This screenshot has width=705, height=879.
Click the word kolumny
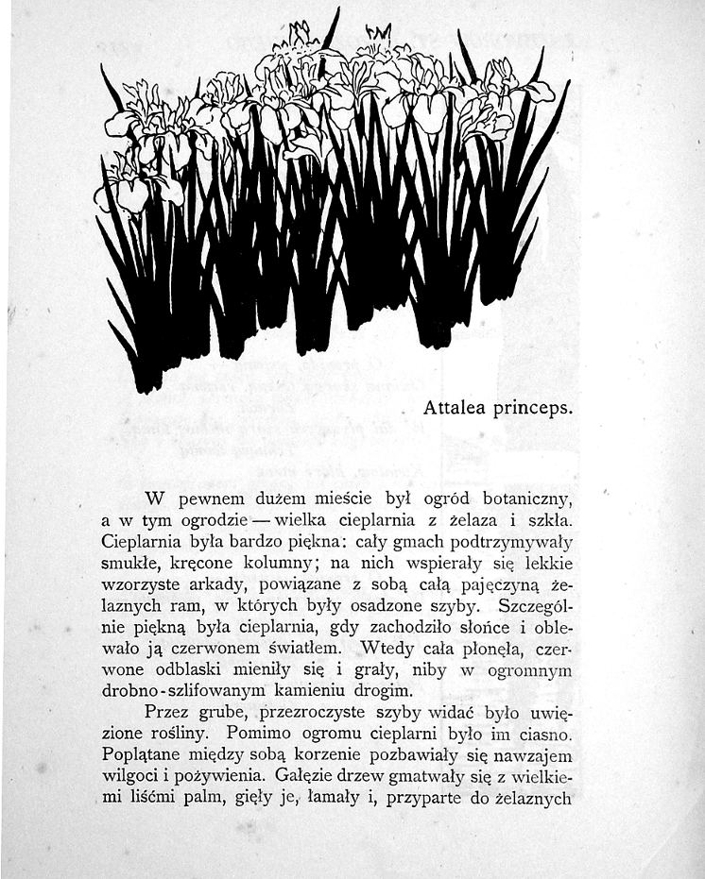click(x=285, y=564)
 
